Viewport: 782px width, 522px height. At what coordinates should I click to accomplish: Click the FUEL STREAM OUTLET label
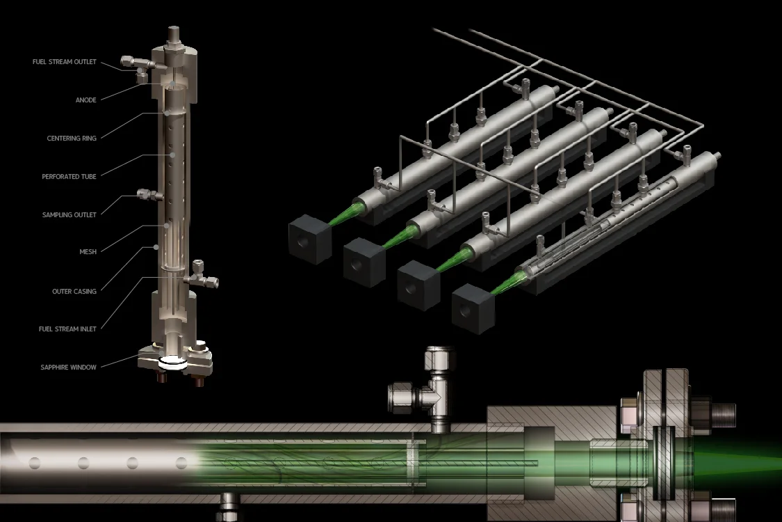pyautogui.click(x=65, y=62)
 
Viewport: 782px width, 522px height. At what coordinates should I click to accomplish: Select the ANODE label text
pyautogui.click(x=85, y=100)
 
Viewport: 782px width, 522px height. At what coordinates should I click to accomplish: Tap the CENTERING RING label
pyautogui.click(x=72, y=139)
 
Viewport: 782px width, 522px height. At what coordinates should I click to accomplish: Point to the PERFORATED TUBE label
pyautogui.click(x=69, y=176)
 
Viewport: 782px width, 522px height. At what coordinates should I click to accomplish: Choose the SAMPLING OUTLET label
pyautogui.click(x=70, y=215)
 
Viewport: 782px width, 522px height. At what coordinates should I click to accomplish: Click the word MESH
pyautogui.click(x=88, y=252)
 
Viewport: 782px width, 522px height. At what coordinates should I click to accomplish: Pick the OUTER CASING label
pyautogui.click(x=74, y=291)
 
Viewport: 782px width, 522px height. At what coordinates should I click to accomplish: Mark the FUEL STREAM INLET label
pyautogui.click(x=67, y=329)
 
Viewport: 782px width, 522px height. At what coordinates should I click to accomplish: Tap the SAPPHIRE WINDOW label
pyautogui.click(x=68, y=367)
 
